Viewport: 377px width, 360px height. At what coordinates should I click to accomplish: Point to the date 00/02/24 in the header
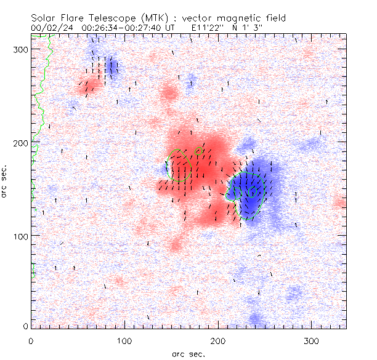point(50,28)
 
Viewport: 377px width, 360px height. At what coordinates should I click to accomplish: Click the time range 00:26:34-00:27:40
point(124,28)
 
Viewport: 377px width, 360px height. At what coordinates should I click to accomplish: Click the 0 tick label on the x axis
point(31,341)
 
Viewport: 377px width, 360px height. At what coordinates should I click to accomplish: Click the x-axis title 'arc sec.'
point(188,353)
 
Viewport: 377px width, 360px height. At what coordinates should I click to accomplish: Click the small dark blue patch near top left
point(111,66)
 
